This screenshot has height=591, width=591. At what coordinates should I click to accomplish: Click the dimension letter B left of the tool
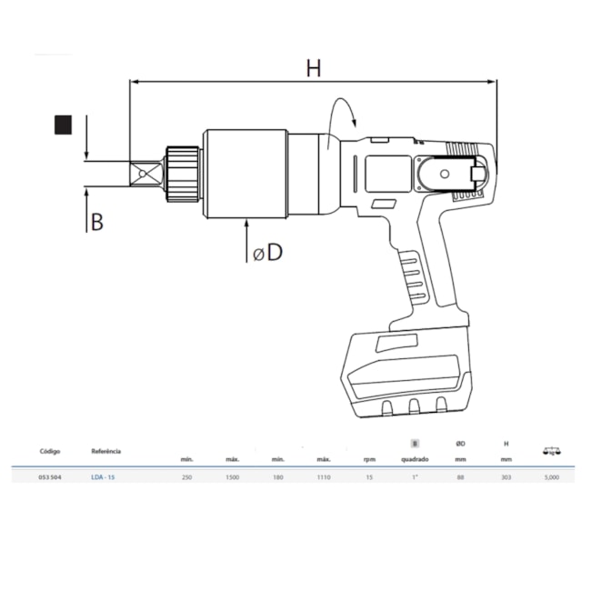pyautogui.click(x=95, y=221)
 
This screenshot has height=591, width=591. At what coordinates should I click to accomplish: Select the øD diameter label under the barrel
pyautogui.click(x=268, y=252)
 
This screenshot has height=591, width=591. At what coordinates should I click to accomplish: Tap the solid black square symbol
pyautogui.click(x=63, y=125)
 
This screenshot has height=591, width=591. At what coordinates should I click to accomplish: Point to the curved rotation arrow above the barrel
pyautogui.click(x=344, y=118)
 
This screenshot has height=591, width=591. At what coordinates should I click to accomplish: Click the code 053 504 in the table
pyautogui.click(x=50, y=476)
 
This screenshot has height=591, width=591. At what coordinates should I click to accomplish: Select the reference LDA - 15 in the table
pyautogui.click(x=104, y=476)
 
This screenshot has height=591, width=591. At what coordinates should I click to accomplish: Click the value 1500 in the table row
pyautogui.click(x=234, y=476)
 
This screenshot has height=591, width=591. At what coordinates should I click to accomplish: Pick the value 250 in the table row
pyautogui.click(x=187, y=476)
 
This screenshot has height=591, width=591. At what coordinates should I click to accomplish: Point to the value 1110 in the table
pyautogui.click(x=324, y=476)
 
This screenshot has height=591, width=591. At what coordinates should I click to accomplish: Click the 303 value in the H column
pyautogui.click(x=506, y=476)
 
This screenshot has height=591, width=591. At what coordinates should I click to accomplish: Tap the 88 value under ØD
pyautogui.click(x=460, y=476)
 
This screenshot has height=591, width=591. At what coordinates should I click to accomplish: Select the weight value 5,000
pyautogui.click(x=551, y=476)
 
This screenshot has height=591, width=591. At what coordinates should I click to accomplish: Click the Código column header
pyautogui.click(x=50, y=451)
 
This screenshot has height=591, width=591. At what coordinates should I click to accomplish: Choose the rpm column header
pyautogui.click(x=369, y=459)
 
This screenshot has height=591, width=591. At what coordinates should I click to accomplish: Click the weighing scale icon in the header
pyautogui.click(x=551, y=449)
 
